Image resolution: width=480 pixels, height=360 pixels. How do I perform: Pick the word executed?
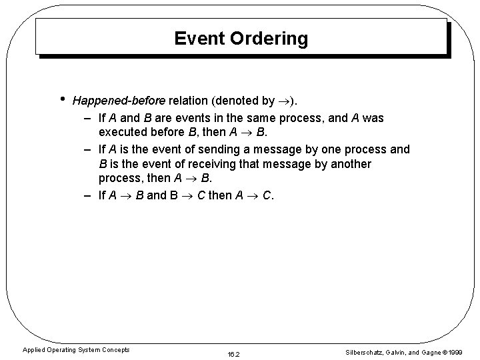124,133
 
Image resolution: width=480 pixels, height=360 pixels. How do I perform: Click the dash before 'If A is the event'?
89,149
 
